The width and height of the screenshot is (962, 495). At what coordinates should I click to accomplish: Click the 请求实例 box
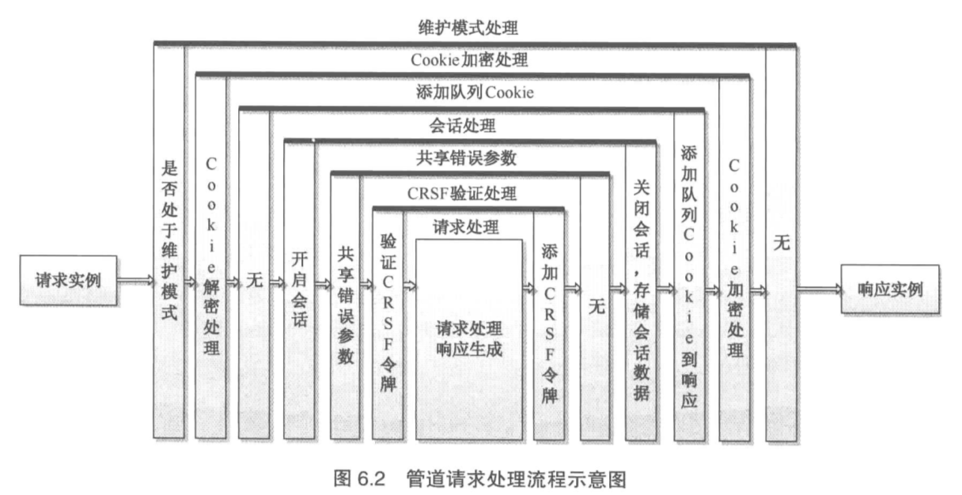[x=66, y=282]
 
